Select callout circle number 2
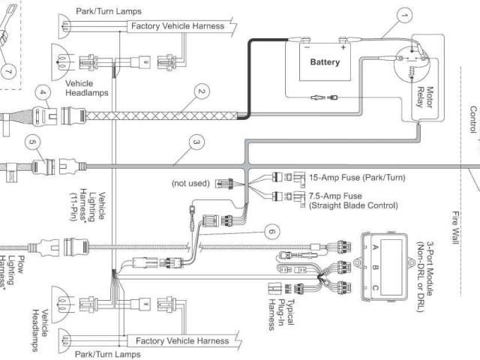[200, 93]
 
